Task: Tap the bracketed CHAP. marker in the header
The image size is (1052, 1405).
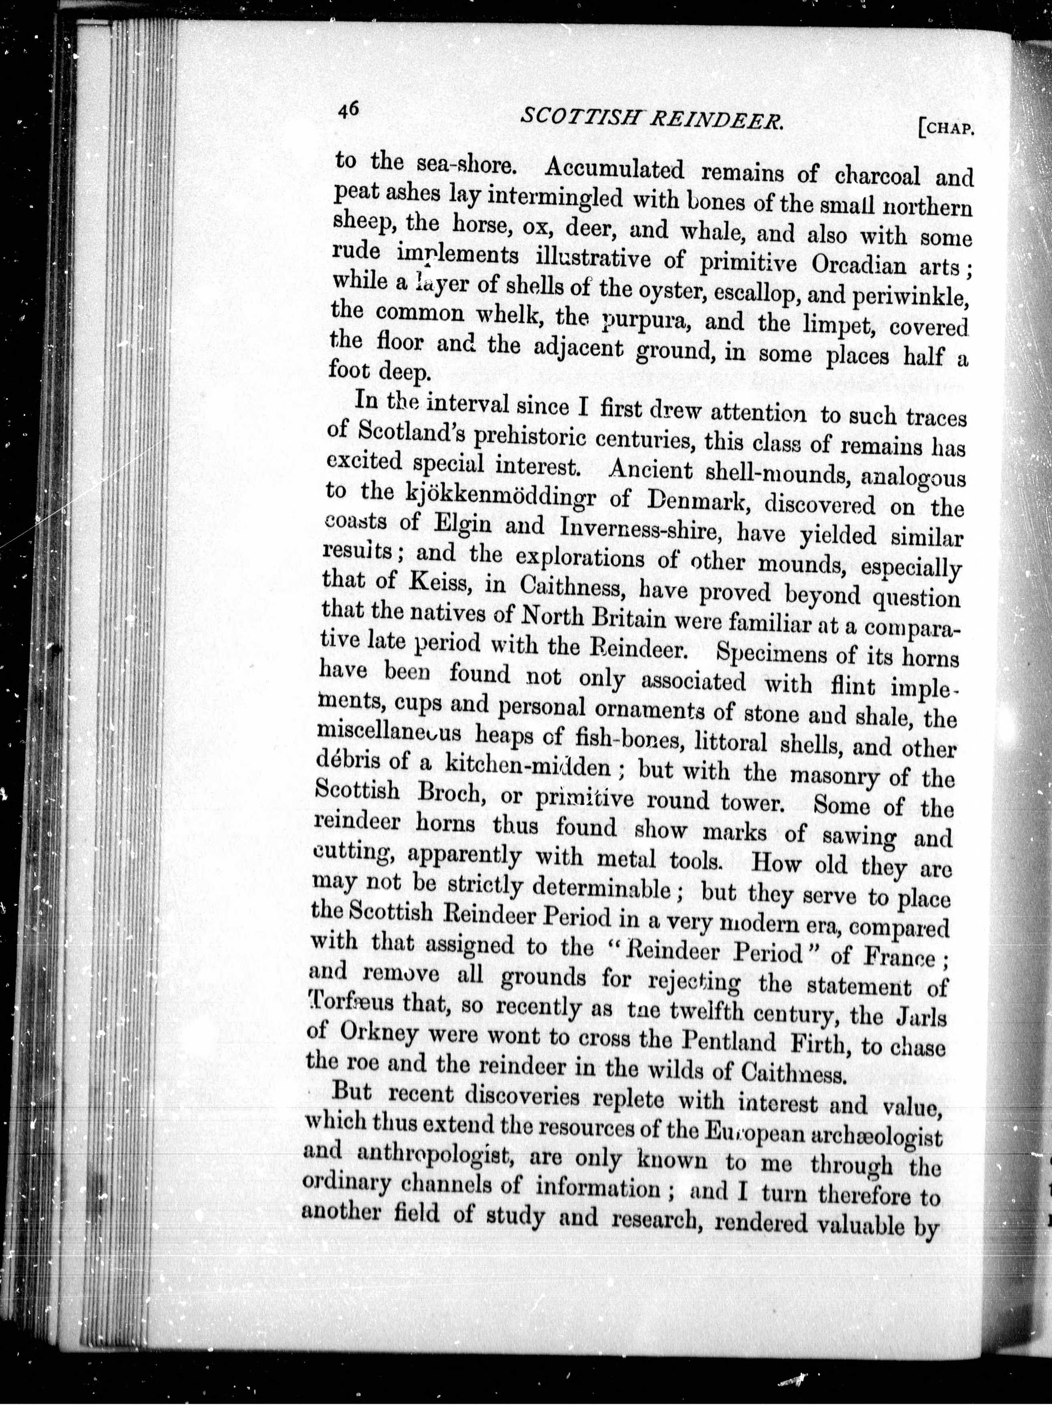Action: tap(946, 127)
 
